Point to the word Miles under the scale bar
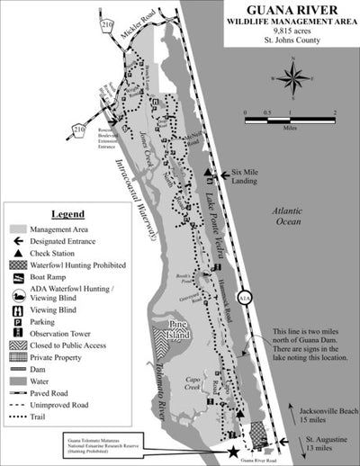coord(290,128)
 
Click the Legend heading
coord(65,215)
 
